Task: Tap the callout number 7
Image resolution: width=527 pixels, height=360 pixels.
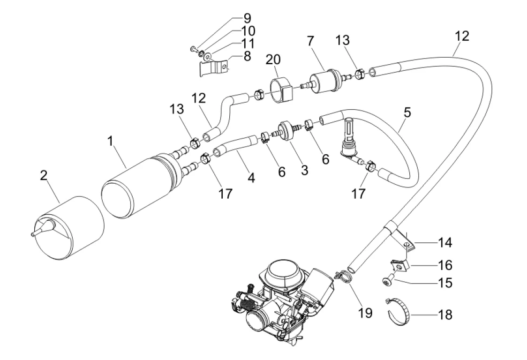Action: pyautogui.click(x=310, y=41)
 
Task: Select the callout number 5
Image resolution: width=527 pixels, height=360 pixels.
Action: pyautogui.click(x=407, y=112)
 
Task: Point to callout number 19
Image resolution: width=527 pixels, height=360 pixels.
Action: pyautogui.click(x=365, y=313)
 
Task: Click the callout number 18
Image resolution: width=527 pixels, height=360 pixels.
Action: pyautogui.click(x=445, y=315)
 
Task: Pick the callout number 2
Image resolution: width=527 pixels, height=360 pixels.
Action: pyautogui.click(x=44, y=175)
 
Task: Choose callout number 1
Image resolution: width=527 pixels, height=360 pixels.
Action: pyautogui.click(x=111, y=141)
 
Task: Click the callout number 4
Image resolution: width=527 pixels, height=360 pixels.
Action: pyautogui.click(x=251, y=177)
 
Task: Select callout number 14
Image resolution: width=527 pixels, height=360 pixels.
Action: pyautogui.click(x=445, y=242)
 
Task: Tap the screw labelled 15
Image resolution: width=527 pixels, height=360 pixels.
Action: pyautogui.click(x=389, y=281)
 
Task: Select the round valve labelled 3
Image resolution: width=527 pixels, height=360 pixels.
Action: pyautogui.click(x=285, y=131)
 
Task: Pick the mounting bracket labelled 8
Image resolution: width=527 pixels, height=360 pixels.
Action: pyautogui.click(x=214, y=67)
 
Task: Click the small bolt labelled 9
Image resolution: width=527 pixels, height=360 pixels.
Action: pyautogui.click(x=194, y=50)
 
